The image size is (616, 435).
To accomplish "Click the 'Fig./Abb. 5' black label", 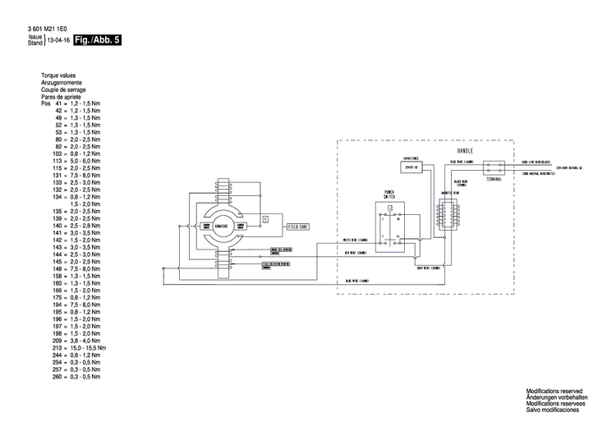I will click(97, 39).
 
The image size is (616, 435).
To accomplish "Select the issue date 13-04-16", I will click(57, 39).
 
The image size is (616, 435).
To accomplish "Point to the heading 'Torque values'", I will click(58, 76).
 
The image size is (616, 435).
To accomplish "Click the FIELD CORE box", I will click(297, 225).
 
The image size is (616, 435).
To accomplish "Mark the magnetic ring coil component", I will click(449, 213).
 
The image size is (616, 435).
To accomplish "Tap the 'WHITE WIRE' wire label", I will click(356, 240).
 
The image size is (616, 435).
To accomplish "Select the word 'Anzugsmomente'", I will click(62, 83).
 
